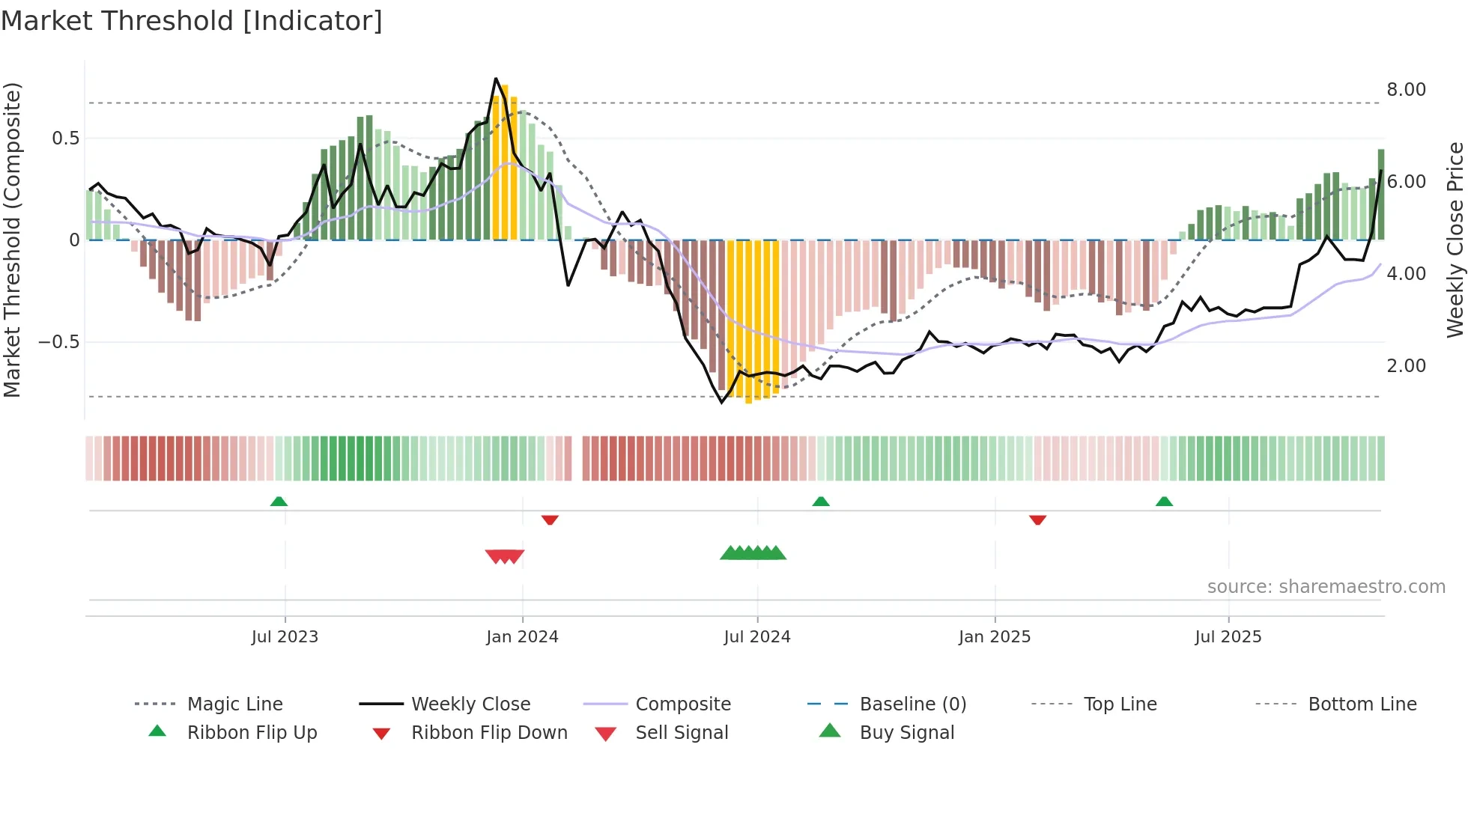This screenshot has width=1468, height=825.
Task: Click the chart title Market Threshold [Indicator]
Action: point(192,21)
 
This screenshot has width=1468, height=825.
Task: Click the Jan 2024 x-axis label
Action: point(522,637)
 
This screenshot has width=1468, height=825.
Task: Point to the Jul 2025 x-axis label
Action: point(1228,637)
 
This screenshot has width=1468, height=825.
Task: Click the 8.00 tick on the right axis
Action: point(1406,90)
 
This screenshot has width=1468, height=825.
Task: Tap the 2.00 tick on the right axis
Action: point(1406,366)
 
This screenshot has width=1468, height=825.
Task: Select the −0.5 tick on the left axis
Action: point(58,342)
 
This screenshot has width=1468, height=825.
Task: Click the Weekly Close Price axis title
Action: point(1455,240)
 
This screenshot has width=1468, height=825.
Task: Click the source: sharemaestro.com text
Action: point(1326,587)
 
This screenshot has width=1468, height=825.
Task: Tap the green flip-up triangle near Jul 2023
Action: point(279,501)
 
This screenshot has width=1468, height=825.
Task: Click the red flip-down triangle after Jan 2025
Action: point(1037,520)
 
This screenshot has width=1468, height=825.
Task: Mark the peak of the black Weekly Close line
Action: point(496,79)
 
